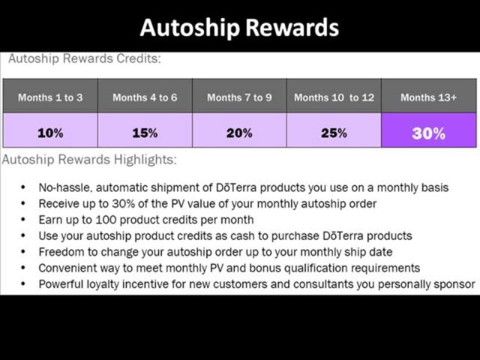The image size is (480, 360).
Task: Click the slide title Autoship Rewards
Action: (x=239, y=28)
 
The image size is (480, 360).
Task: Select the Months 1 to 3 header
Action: (x=50, y=97)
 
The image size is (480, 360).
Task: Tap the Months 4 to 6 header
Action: (x=145, y=97)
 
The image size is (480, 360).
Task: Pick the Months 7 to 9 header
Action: (x=239, y=97)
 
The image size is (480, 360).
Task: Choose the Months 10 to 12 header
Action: (x=334, y=97)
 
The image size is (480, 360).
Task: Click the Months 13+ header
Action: (x=428, y=97)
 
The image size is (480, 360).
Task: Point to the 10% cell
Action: (x=50, y=133)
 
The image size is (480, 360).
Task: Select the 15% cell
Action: (x=145, y=133)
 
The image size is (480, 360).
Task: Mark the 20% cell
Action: (x=239, y=133)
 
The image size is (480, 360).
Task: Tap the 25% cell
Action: (x=334, y=133)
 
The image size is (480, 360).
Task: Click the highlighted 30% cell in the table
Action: (x=428, y=133)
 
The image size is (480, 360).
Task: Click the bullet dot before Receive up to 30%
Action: (x=24, y=204)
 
